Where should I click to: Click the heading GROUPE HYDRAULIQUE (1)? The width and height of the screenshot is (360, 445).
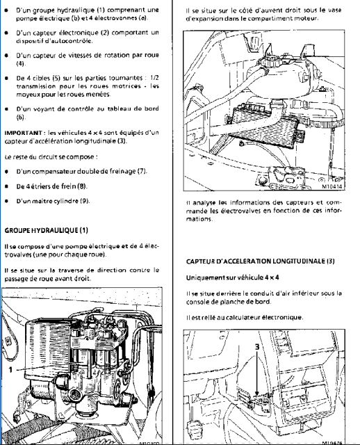click(47, 230)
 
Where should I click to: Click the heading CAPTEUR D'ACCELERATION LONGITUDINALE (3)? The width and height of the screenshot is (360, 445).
click(261, 261)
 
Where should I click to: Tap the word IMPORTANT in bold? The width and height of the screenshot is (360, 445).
click(23, 133)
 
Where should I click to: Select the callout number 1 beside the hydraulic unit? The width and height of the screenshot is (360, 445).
click(10, 369)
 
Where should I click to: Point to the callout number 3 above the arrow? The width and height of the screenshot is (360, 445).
click(257, 346)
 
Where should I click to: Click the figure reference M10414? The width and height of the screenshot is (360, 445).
click(332, 186)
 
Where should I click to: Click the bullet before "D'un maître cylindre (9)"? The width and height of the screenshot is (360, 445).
click(6, 201)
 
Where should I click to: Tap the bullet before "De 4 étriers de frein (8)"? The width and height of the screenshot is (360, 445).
click(6, 186)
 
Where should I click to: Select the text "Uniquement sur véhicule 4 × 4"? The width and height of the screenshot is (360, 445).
click(232, 277)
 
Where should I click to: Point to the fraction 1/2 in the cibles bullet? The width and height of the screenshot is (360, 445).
click(154, 78)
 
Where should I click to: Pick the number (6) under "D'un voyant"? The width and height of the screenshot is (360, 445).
click(20, 117)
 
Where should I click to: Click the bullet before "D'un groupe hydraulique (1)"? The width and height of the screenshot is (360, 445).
click(6, 10)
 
